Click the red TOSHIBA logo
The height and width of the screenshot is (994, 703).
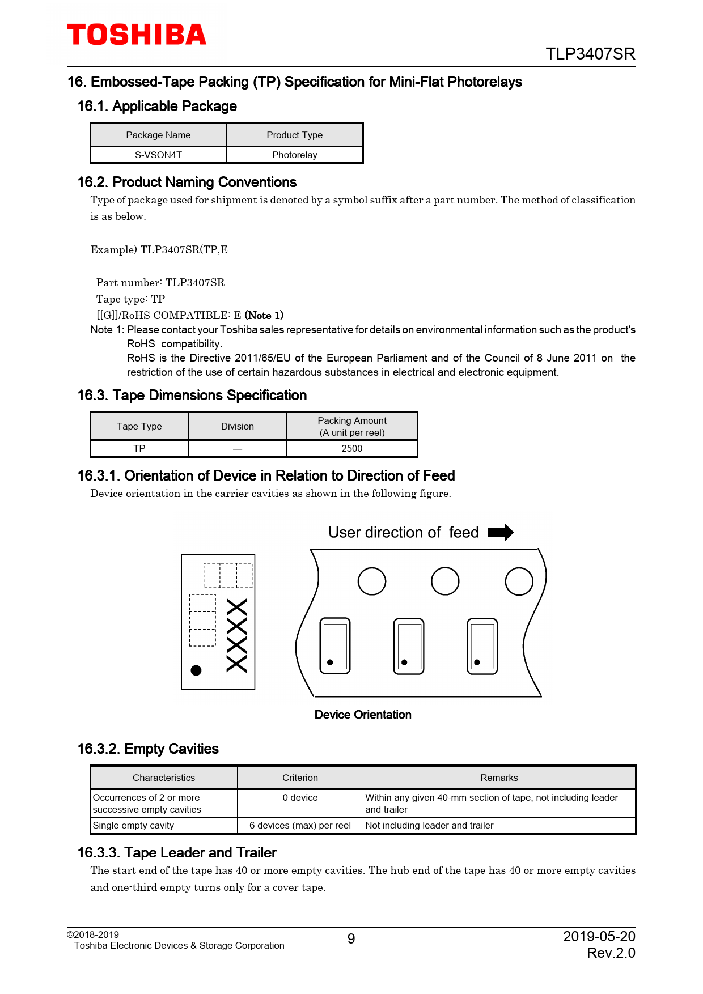pos(137,35)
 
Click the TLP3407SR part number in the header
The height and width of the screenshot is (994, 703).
pos(590,54)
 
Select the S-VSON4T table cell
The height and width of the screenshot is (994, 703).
pos(158,155)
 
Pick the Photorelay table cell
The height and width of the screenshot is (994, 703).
pos(294,155)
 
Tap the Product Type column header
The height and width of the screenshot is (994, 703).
pos(294,135)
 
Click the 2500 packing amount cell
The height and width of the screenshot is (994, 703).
pos(351,448)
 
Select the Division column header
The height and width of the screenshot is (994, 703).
pos(237,426)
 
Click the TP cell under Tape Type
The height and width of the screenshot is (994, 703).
pos(139,448)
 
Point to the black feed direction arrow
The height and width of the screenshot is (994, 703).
pos(500,532)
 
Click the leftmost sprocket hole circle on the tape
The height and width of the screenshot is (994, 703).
pos(372,581)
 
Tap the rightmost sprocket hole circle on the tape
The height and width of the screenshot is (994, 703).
pos(519,581)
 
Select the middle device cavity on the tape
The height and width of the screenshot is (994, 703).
pos(408,646)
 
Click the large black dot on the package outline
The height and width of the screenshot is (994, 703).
pos(196,670)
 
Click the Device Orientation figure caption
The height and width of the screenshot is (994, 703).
pos(363,715)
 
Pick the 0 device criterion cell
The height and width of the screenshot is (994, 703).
pos(300,797)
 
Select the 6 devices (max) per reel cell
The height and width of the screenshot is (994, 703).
pos(300,825)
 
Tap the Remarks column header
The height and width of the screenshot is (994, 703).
pos(499,778)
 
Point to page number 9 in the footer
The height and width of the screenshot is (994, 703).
pos(351,939)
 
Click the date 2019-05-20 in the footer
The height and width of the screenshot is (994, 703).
pos(599,936)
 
